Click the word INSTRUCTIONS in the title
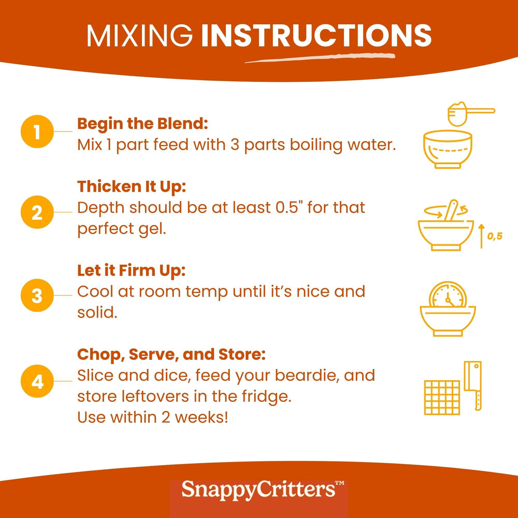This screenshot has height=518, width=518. point(316,35)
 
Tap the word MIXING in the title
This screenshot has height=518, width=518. point(140,35)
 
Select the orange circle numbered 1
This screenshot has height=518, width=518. point(37,132)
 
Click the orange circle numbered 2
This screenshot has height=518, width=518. point(37,212)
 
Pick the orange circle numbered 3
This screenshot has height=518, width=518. point(37,295)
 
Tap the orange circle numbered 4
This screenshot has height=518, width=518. point(37,381)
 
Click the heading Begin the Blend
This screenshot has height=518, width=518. point(143,124)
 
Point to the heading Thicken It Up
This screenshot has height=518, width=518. point(132,187)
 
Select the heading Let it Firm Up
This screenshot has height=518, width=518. point(132,270)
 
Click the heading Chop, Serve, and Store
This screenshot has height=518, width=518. point(171,354)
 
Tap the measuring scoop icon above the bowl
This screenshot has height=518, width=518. point(471,114)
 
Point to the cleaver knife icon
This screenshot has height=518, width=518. point(473,385)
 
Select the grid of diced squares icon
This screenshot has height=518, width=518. point(442,397)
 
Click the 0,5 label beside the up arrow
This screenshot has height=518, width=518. point(495,236)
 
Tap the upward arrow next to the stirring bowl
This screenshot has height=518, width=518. point(481,236)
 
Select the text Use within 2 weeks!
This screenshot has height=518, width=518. point(153,417)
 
